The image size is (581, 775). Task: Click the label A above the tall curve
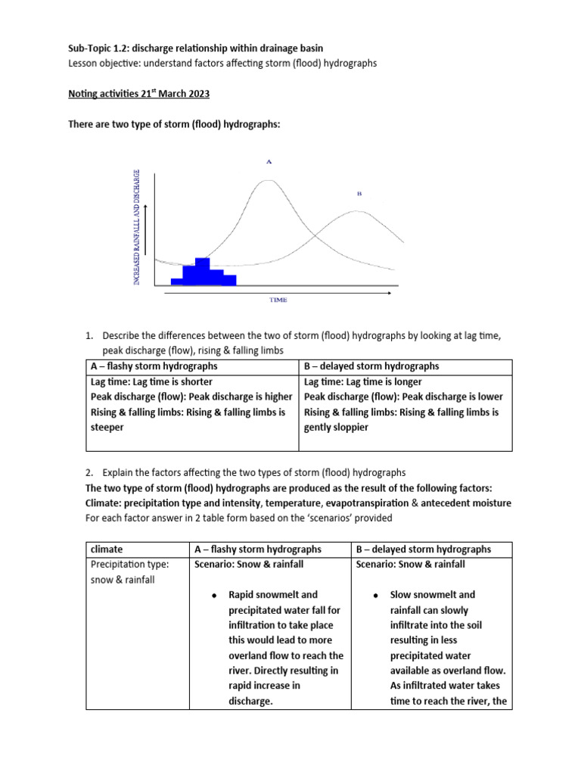(x=268, y=161)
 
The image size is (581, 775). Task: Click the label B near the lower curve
(x=359, y=194)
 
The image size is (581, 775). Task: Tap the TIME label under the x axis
(x=278, y=300)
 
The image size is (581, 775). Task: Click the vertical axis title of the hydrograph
(x=137, y=227)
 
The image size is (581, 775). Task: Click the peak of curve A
(x=267, y=181)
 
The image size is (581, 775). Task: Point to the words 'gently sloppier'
(x=336, y=427)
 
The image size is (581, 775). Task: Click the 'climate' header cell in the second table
(x=107, y=549)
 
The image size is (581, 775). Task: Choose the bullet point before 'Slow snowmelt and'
(x=375, y=596)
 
